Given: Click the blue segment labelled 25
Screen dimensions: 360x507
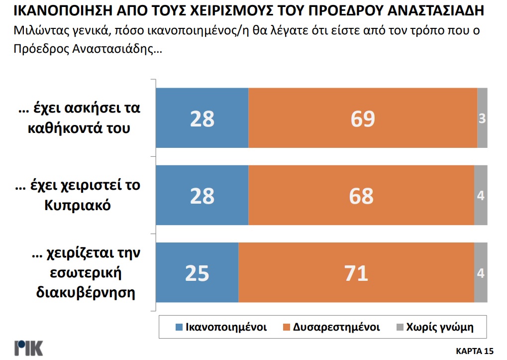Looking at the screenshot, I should (x=197, y=273).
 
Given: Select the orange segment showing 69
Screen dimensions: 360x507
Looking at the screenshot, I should (x=362, y=118).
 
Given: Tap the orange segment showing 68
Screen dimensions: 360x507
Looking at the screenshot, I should (x=361, y=196).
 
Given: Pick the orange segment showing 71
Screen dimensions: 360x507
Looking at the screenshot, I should (x=356, y=273).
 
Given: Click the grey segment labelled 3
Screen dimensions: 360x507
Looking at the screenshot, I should (x=482, y=118).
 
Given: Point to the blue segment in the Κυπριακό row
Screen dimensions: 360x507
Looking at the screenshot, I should (x=202, y=196).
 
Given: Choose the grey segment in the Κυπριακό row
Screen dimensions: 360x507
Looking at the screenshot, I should (x=481, y=196).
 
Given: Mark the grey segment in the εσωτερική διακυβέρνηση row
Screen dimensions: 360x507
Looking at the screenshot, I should (x=481, y=273).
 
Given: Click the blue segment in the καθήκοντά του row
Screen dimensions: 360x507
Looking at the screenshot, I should (x=202, y=118).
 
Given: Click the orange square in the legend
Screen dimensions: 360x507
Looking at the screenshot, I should (x=287, y=328).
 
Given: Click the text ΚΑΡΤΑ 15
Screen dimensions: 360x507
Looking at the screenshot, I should (x=474, y=350).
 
